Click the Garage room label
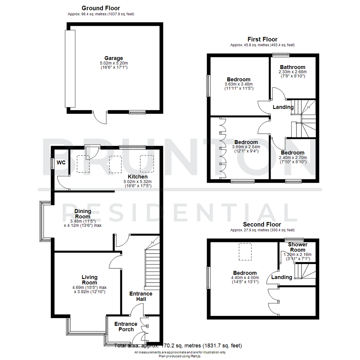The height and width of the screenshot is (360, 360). (114, 58)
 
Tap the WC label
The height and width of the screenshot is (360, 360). (61, 163)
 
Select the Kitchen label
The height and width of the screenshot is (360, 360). (138, 176)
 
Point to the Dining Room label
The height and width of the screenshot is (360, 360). (82, 213)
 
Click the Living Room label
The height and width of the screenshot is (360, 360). (90, 280)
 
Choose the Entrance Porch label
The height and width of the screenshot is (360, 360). (126, 327)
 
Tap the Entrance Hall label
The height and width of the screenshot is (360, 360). (141, 296)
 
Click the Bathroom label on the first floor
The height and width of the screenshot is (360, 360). (292, 67)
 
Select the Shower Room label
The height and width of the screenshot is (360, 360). (293, 247)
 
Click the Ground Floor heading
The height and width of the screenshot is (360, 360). (101, 8)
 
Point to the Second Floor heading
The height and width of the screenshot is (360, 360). (262, 224)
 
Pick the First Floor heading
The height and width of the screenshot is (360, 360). (262, 39)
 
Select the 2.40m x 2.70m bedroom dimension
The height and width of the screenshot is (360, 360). (293, 158)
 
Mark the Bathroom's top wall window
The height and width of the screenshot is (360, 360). (280, 55)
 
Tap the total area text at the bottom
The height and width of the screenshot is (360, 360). (178, 346)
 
